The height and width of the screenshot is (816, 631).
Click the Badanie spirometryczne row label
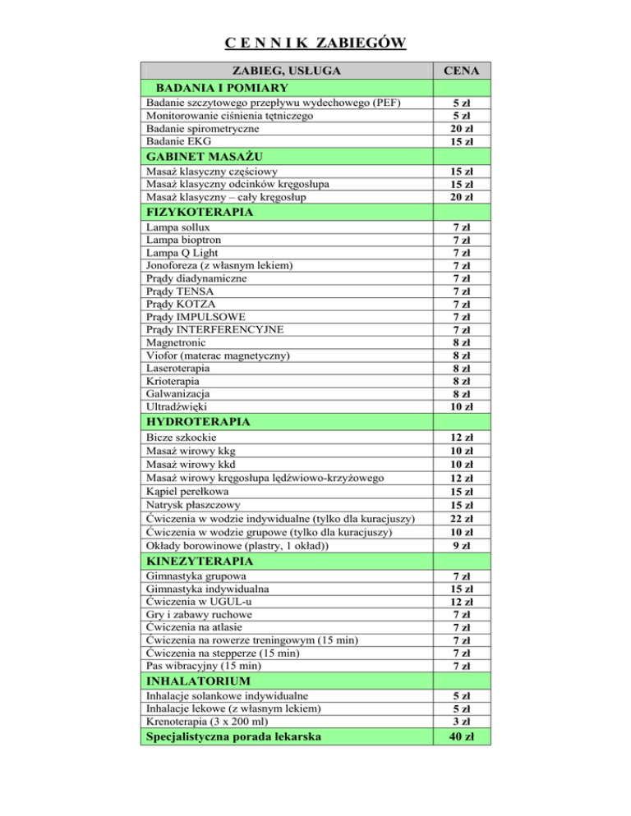tap(203, 128)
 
